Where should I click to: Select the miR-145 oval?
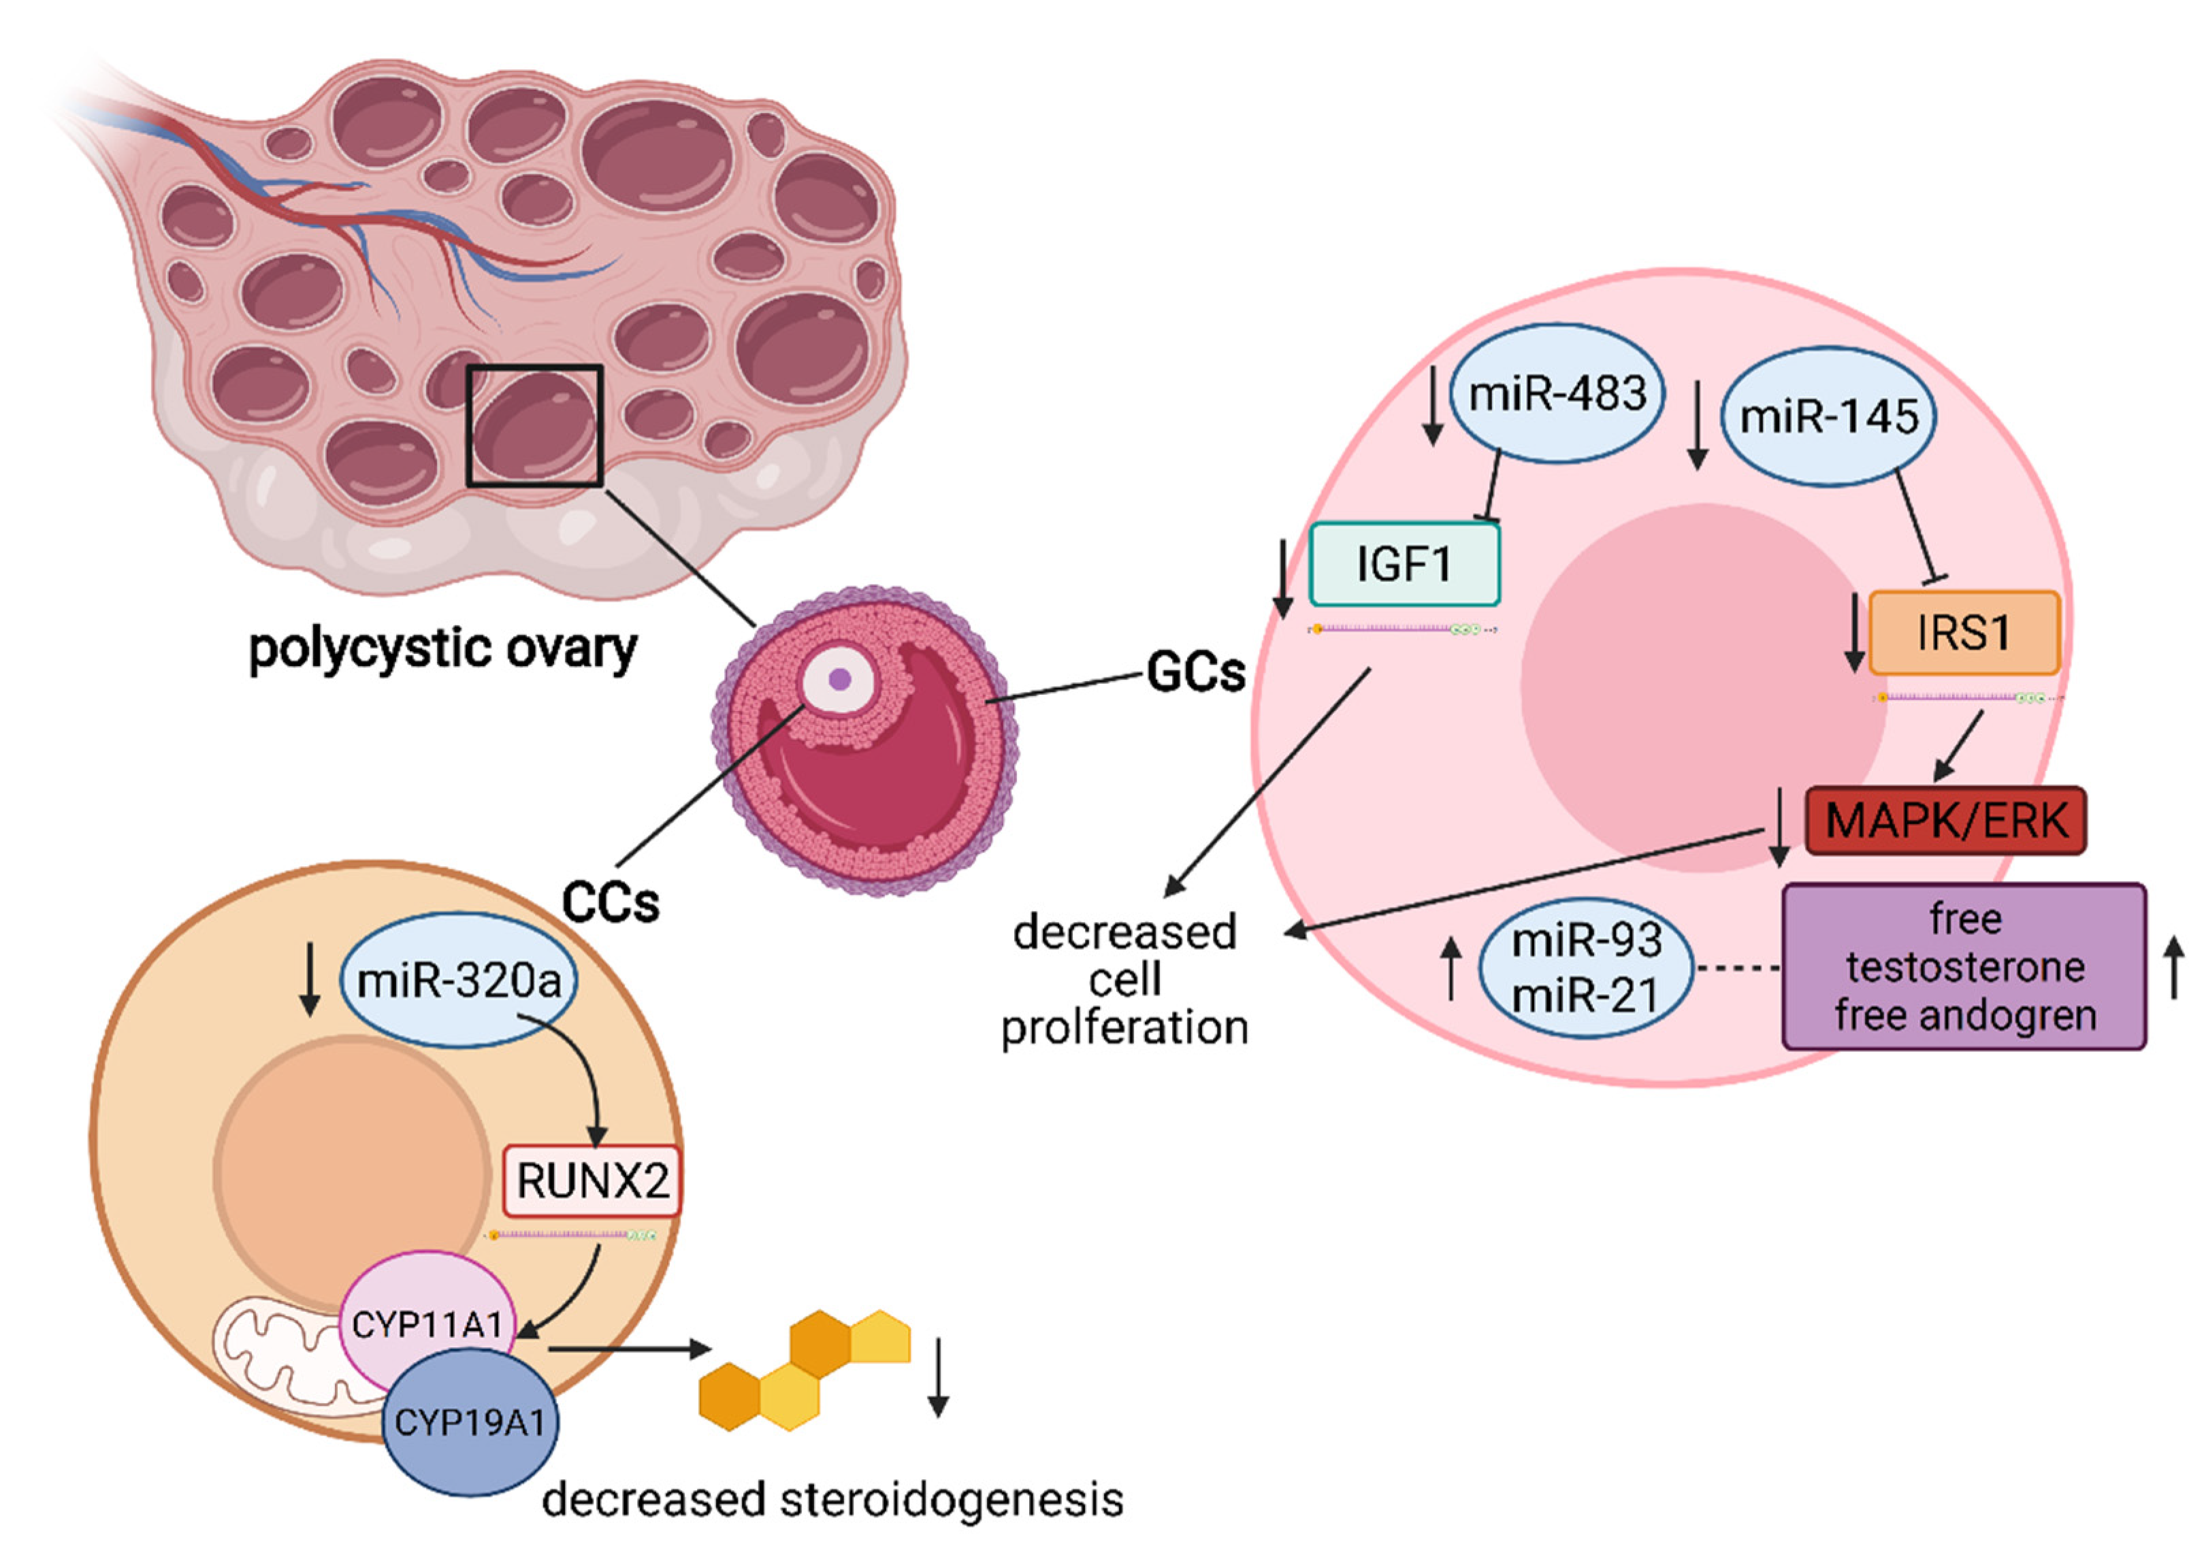click(x=1828, y=417)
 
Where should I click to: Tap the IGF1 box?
click(x=1404, y=564)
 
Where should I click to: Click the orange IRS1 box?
click(x=1963, y=633)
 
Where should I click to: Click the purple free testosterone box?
click(x=1964, y=967)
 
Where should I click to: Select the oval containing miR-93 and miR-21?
click(x=1585, y=968)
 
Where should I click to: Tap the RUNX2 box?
click(x=591, y=1181)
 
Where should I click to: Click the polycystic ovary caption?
click(x=442, y=648)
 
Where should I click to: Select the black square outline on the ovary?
click(x=535, y=426)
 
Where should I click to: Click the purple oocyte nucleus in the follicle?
click(x=839, y=679)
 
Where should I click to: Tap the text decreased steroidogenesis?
click(x=832, y=1500)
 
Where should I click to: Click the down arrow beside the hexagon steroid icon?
click(x=938, y=1377)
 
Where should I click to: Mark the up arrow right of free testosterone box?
click(x=2174, y=968)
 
